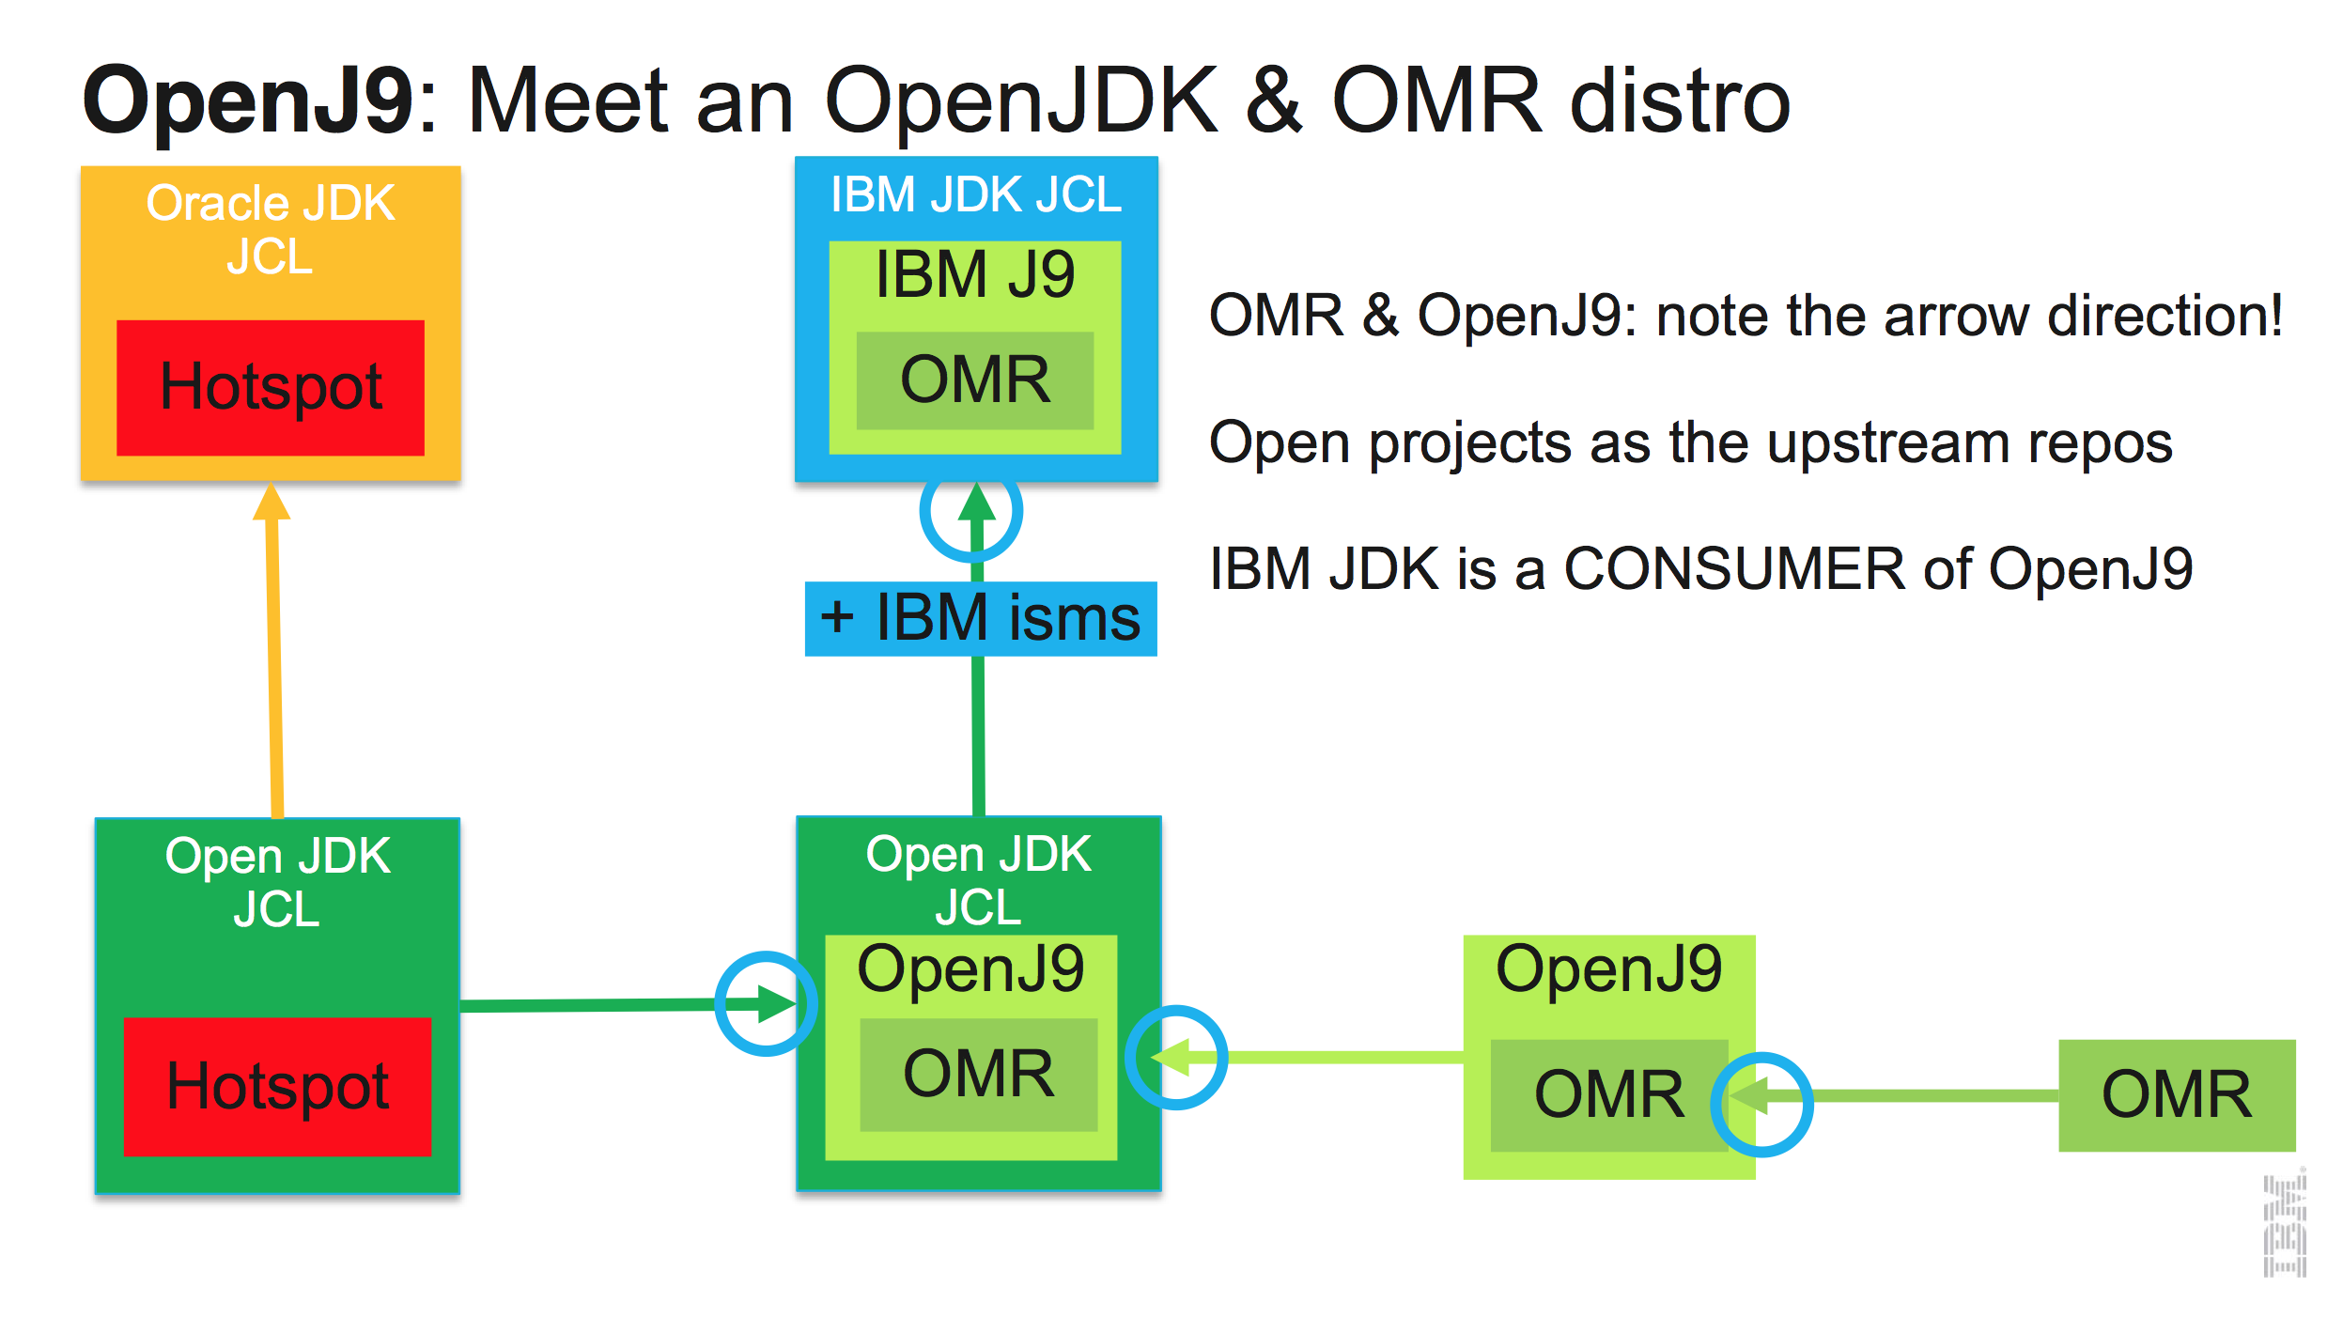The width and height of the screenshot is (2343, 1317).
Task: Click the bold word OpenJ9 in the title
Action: (248, 101)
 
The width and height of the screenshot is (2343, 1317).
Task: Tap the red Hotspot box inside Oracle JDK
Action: (271, 387)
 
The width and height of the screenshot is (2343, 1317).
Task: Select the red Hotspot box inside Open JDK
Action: (277, 1086)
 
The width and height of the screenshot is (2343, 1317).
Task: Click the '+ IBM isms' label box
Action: (980, 618)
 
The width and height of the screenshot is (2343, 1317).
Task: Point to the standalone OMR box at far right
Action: (2176, 1094)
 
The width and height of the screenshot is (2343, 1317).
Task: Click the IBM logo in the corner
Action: (2284, 1222)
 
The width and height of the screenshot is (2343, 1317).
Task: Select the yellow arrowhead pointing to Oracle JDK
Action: (272, 502)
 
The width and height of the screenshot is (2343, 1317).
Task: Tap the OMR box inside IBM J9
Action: (974, 380)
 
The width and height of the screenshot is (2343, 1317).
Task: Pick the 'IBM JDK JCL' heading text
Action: (975, 195)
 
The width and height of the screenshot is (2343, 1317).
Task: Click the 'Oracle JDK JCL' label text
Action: (271, 229)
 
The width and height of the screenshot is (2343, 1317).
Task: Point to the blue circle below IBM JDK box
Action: (970, 512)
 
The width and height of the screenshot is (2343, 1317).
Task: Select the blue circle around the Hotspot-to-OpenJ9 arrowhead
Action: (766, 1003)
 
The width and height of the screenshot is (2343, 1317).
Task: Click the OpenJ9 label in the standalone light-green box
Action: (1608, 968)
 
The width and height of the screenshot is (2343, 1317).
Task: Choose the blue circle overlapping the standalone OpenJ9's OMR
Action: (1761, 1103)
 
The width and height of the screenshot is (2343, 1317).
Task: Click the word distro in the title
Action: (1680, 101)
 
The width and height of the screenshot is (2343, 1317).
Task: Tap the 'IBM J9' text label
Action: (974, 275)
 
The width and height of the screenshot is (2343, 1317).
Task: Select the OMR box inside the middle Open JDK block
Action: (978, 1074)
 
